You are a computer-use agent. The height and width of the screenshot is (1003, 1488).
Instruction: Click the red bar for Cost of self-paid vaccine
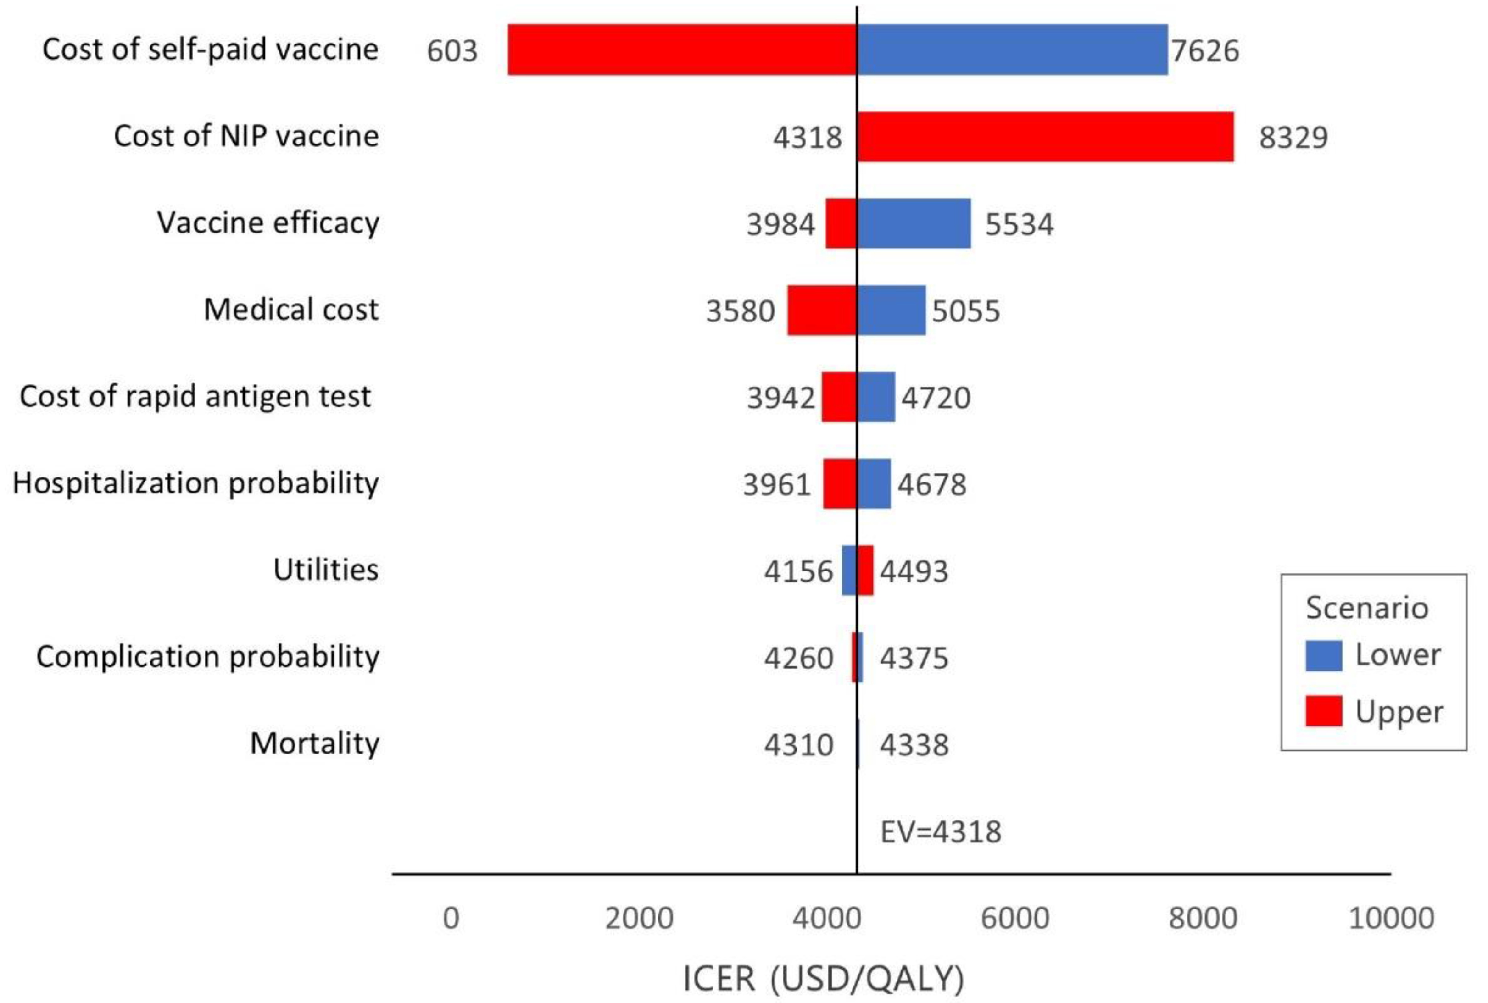coord(682,50)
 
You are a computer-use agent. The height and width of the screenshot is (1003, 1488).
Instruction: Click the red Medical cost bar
coord(822,310)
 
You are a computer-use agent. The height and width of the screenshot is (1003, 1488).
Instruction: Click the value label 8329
coord(1293,138)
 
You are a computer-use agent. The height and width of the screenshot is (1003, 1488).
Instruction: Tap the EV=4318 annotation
coord(940,831)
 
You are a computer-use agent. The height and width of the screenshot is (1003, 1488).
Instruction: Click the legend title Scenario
coord(1366,608)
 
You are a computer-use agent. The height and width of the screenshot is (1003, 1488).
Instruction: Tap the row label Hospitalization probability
coord(195,483)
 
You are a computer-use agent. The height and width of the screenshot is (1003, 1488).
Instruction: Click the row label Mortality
coord(314,743)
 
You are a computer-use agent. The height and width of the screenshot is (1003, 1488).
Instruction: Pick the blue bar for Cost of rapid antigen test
coord(875,397)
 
